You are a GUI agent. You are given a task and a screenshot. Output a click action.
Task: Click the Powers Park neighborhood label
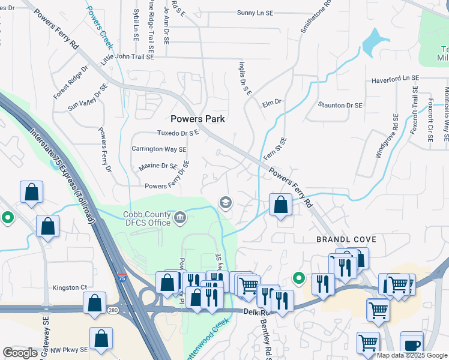point(197,119)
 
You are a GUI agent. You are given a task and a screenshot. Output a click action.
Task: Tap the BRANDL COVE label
point(346,239)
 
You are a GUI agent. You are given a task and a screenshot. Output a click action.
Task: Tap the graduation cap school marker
point(226,202)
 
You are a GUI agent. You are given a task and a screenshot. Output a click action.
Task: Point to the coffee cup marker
point(412,346)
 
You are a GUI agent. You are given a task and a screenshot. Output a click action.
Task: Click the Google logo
point(20,352)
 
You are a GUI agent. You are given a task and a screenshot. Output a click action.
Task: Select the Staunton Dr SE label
point(340,105)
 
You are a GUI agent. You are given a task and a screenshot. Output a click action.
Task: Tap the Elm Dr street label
point(272,103)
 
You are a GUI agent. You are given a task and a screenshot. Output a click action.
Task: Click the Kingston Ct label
point(70,287)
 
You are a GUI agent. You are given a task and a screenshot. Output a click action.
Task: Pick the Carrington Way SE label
point(159,149)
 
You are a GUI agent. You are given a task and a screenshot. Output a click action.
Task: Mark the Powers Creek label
point(100,23)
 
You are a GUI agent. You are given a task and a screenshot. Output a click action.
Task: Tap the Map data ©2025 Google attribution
point(411,355)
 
